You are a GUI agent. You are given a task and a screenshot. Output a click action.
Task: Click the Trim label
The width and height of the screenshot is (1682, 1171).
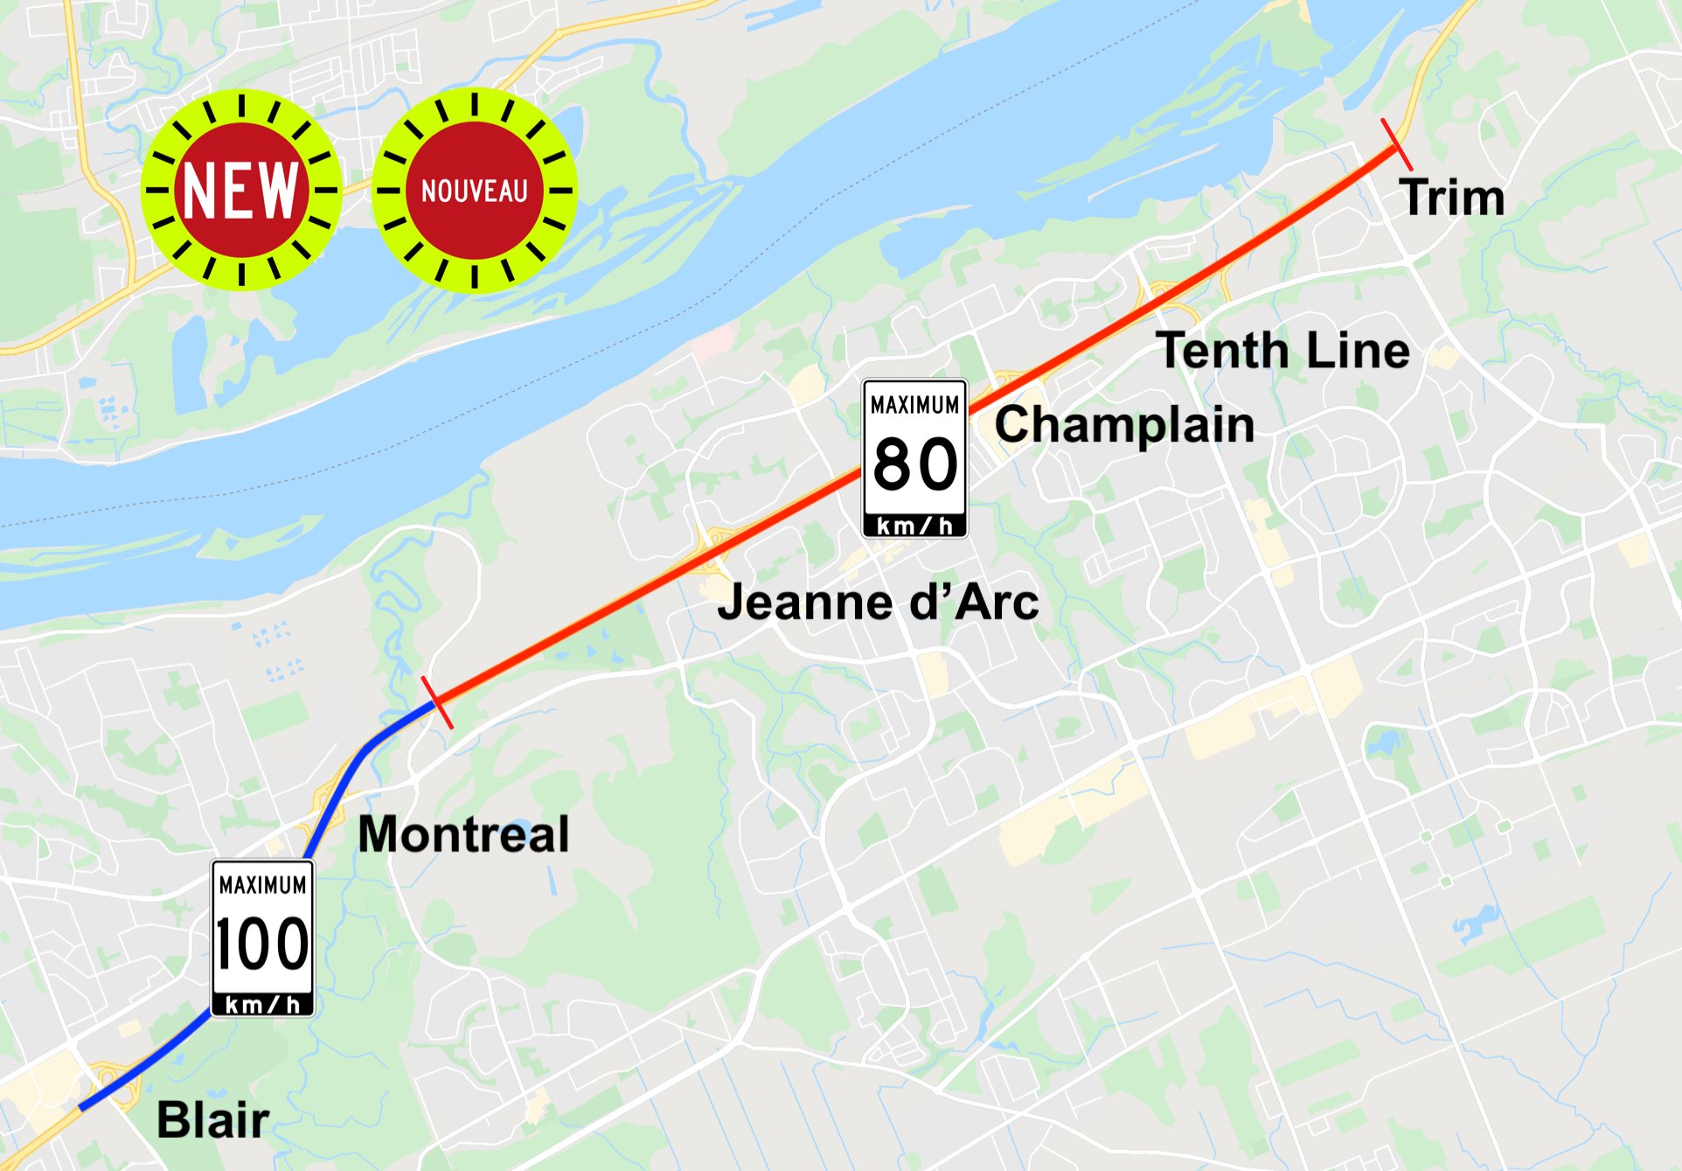1451,198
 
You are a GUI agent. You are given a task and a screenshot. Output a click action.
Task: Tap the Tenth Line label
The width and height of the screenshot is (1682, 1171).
1282,351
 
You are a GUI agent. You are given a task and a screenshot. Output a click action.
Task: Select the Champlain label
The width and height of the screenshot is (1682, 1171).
1124,426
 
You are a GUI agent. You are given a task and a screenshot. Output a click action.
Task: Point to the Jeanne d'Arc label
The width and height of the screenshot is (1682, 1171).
877,603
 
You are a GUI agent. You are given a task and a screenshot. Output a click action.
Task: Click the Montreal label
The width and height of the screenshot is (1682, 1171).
463,833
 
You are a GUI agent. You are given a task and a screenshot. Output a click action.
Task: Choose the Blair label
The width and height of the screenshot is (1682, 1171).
212,1119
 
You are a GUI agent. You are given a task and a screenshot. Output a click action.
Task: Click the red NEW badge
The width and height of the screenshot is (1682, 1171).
241,190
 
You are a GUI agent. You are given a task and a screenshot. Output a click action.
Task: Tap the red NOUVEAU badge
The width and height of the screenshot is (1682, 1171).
474,190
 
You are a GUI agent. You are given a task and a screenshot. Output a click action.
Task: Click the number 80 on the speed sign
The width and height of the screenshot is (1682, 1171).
914,464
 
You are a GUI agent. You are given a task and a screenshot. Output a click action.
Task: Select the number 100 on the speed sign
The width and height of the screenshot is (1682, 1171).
262,944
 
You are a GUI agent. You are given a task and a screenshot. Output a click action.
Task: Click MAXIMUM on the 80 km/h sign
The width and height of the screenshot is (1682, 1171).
914,405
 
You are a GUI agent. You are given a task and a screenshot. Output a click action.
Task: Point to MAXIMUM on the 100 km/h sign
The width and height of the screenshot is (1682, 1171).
262,885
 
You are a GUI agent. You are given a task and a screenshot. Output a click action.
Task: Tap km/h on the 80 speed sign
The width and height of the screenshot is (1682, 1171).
914,526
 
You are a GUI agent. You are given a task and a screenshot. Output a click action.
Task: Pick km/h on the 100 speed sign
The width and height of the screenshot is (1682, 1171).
262,1005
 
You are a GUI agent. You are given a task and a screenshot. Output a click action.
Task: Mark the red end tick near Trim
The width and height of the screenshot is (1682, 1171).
1396,144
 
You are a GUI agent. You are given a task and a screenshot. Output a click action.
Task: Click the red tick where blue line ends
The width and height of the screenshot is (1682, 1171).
437,701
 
